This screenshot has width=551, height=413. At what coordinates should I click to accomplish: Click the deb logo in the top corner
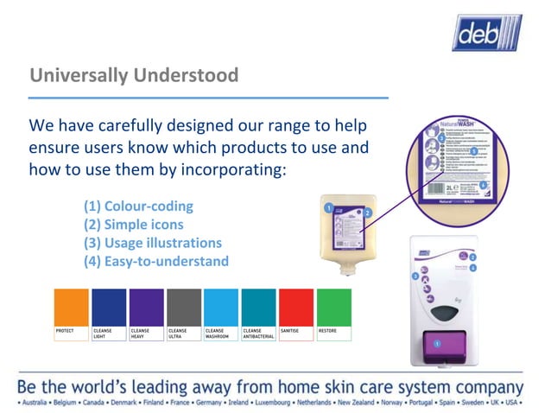click(487, 32)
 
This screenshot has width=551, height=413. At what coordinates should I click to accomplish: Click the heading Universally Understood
click(134, 76)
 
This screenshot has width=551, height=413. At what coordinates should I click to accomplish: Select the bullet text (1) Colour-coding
click(138, 206)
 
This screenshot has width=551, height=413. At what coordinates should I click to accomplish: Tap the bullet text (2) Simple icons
click(133, 225)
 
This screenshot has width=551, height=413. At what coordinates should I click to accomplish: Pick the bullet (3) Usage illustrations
click(152, 243)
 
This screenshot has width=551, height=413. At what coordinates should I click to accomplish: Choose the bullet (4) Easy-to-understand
click(155, 261)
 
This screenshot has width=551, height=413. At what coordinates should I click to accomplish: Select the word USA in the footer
click(512, 403)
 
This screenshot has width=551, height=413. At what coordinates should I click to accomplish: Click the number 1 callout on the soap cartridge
click(328, 208)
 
